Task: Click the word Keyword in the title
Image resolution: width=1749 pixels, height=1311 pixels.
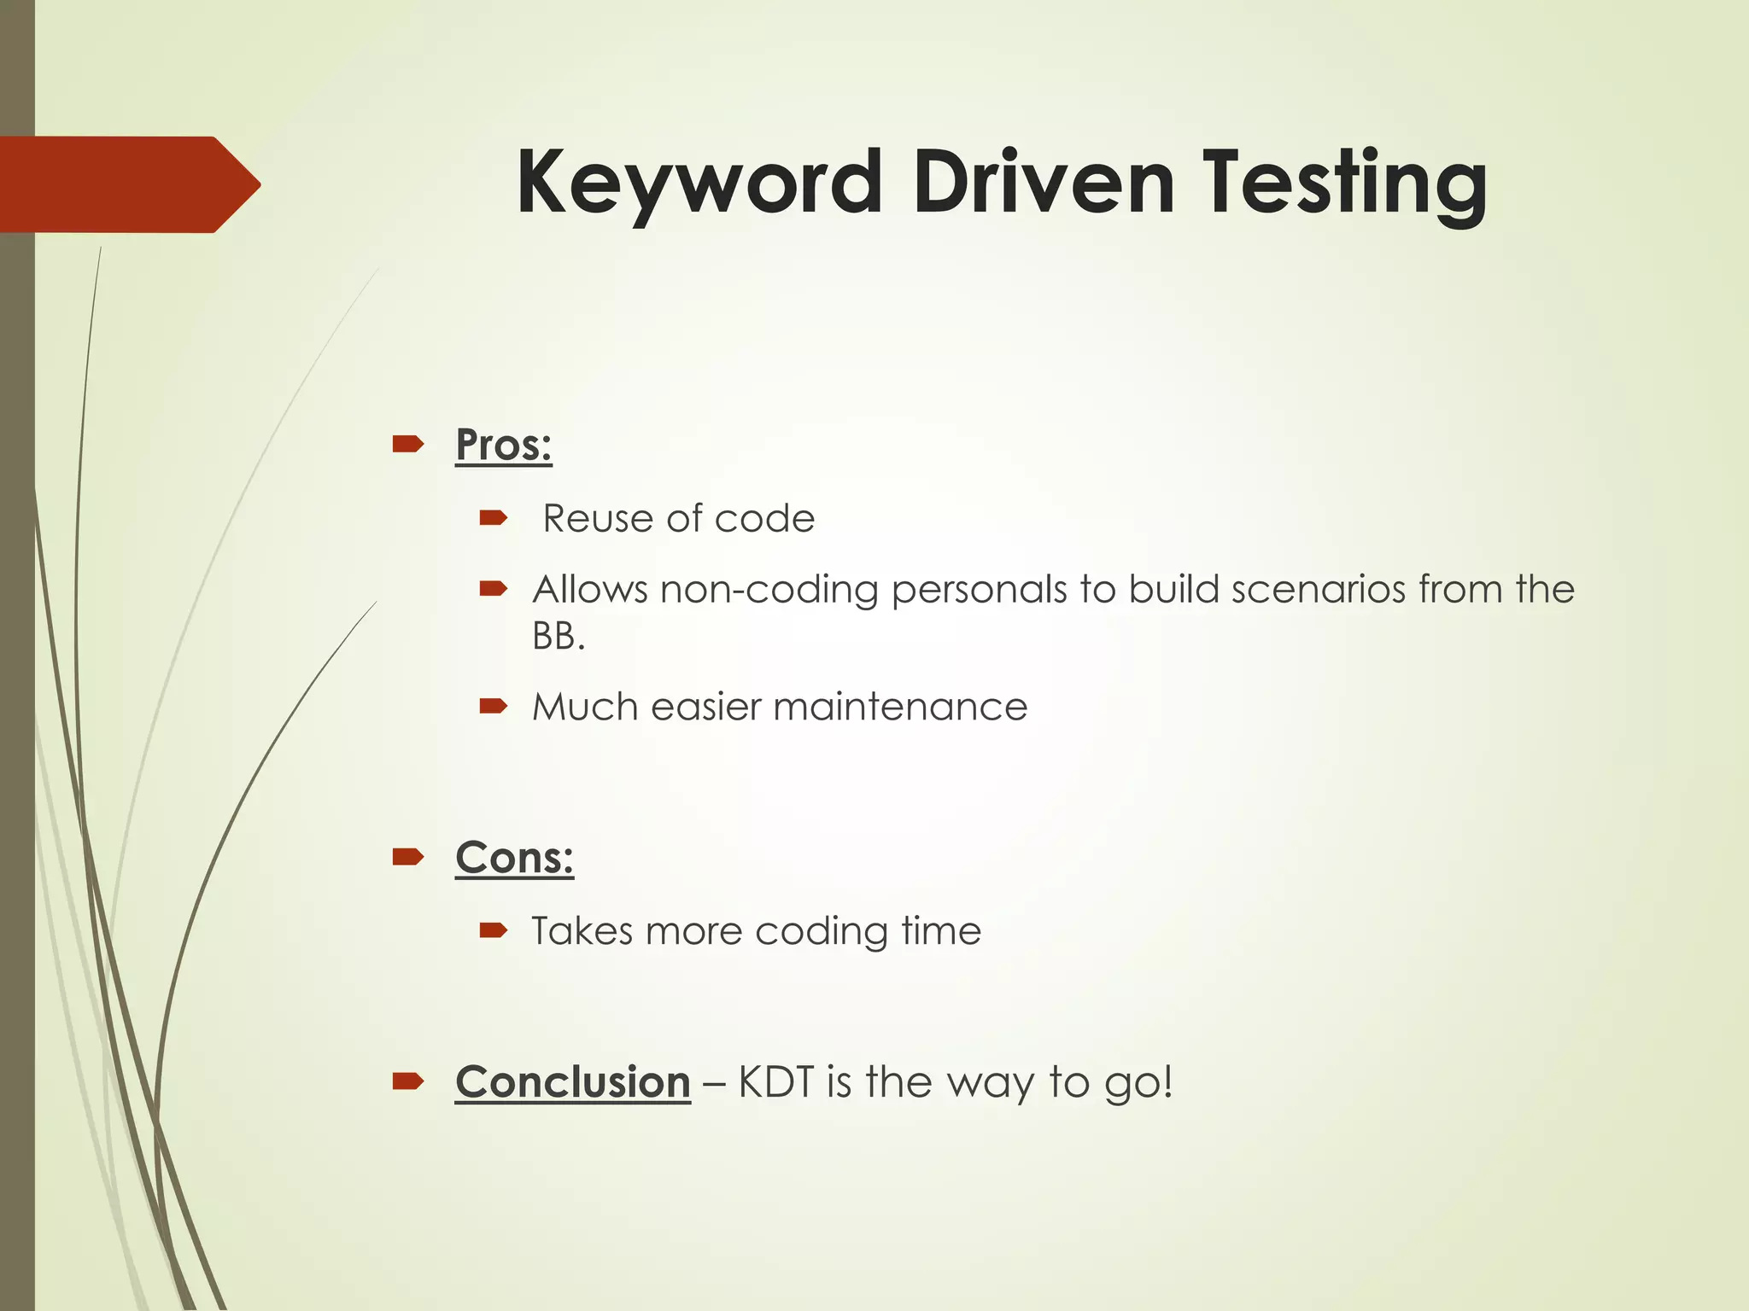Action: [x=699, y=184]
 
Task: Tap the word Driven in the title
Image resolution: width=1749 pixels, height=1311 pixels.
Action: [x=1044, y=182]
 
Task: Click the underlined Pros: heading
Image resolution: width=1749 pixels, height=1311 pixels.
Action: [x=504, y=445]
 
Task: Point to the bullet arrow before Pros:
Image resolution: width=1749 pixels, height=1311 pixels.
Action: [x=407, y=444]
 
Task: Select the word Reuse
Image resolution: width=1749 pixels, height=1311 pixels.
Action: [x=597, y=519]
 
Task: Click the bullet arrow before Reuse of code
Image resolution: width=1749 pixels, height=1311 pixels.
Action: [x=494, y=517]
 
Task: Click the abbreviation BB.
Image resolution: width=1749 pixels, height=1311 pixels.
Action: [x=557, y=636]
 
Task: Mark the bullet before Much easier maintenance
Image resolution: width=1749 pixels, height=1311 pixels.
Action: [x=494, y=706]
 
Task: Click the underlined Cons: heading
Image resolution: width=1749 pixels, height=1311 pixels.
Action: [x=514, y=857]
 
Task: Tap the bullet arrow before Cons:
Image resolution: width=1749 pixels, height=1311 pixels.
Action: [x=407, y=856]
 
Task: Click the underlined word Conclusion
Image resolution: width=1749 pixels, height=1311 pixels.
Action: [x=572, y=1082]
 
